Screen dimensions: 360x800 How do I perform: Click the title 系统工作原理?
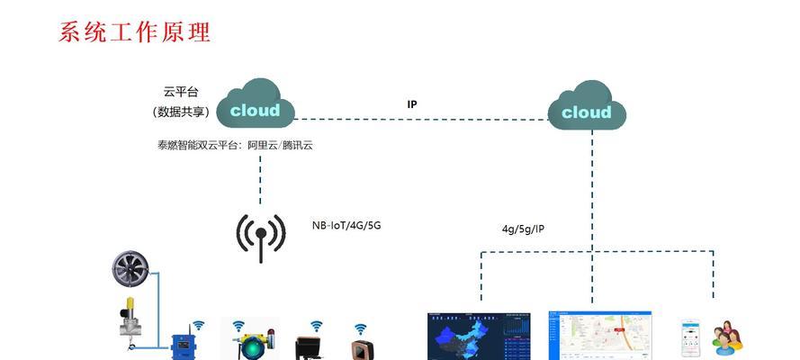pos(134,32)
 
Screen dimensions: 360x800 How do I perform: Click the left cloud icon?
pos(256,108)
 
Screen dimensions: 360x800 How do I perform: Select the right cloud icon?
pos(587,110)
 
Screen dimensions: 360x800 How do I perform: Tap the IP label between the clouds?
pos(412,104)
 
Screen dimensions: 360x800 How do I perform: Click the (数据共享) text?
pos(180,112)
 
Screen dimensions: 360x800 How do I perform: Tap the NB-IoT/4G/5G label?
pos(346,226)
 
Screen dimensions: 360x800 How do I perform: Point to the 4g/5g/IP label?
pos(523,229)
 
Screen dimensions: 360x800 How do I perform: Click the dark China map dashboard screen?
pos(479,337)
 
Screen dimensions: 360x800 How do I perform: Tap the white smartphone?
pos(691,338)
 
